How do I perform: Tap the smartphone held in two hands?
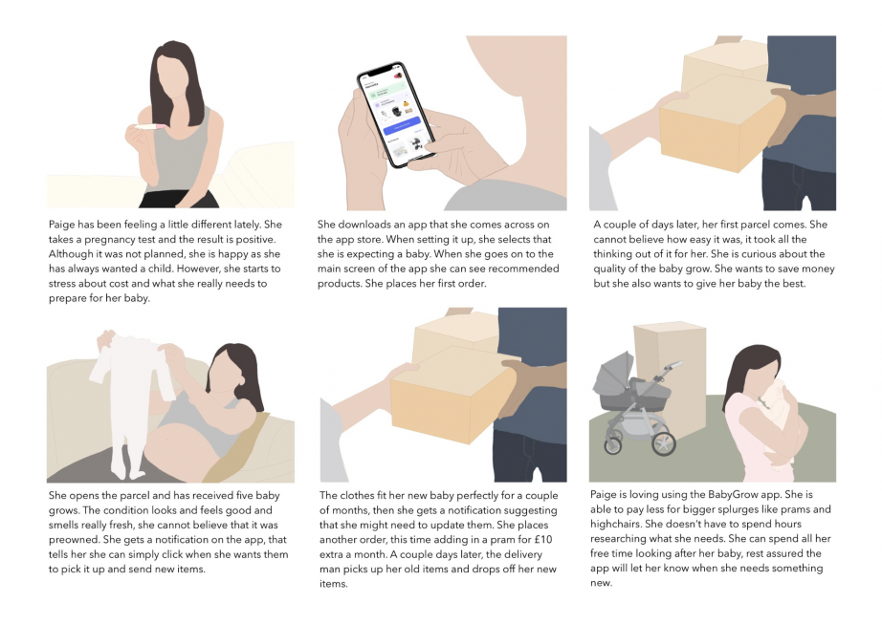[x=397, y=115]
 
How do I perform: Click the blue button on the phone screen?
[x=402, y=126]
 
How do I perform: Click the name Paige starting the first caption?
[x=61, y=225]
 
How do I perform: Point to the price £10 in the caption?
[x=542, y=540]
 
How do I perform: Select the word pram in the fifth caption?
[x=516, y=540]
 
